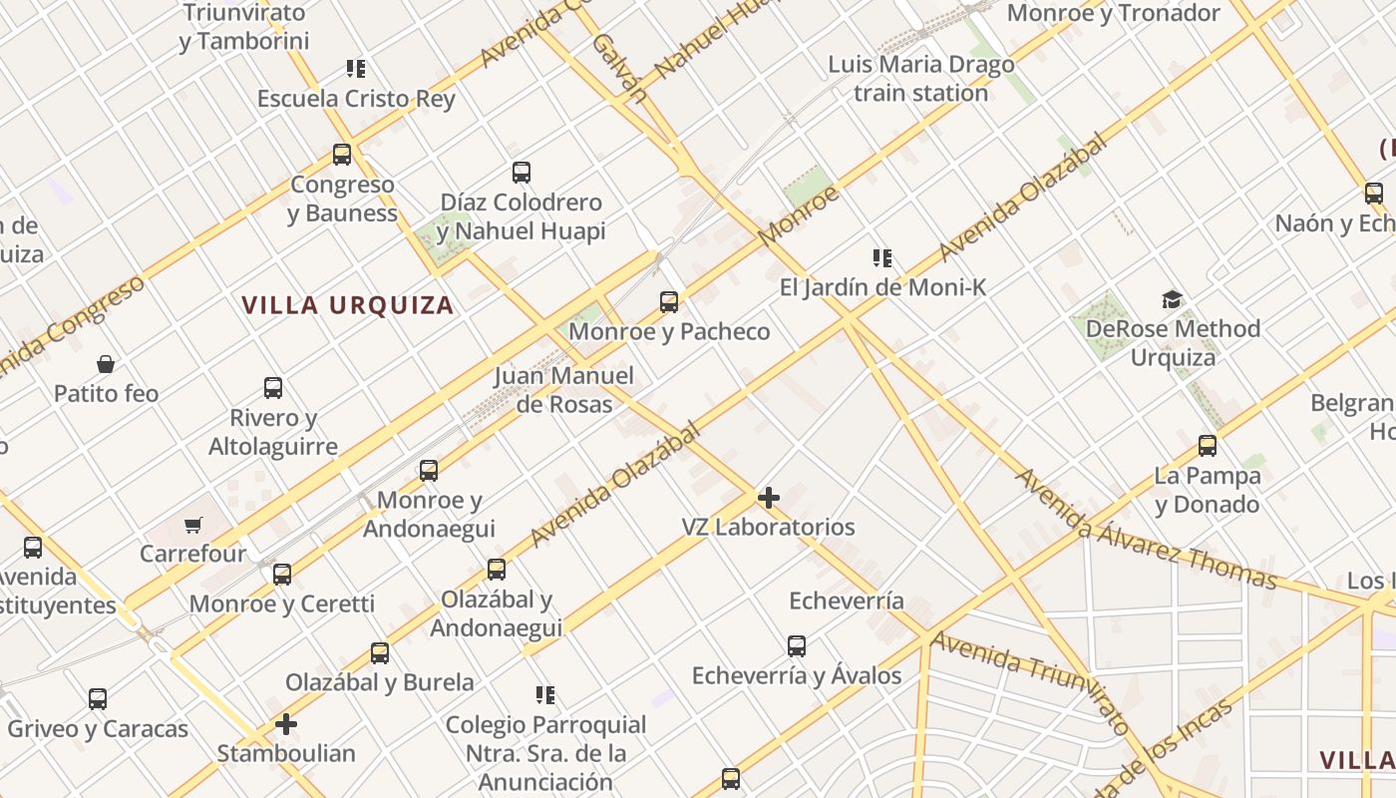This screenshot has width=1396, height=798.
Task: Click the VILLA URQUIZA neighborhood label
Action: point(348,305)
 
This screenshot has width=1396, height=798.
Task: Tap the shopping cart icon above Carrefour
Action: point(193,525)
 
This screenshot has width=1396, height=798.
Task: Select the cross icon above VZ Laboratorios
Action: point(769,497)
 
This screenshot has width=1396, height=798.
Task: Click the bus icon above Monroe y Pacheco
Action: point(669,301)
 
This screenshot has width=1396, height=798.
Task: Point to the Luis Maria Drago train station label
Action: point(921,79)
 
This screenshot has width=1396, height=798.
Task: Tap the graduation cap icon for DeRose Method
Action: point(1173,299)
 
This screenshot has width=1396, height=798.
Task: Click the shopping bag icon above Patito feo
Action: point(106,364)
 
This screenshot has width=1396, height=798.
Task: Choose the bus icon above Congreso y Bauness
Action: point(342,155)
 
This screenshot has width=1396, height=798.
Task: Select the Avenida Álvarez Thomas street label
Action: point(1146,529)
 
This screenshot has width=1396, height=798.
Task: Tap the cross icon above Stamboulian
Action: point(286,723)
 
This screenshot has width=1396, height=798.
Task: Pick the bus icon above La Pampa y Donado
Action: point(1208,445)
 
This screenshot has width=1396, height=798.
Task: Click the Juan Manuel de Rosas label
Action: point(564,390)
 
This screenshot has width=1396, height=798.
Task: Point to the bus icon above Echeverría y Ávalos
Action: point(797,646)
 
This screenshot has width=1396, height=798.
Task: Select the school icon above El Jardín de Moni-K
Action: point(882,259)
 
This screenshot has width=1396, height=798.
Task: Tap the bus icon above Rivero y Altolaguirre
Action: point(273,388)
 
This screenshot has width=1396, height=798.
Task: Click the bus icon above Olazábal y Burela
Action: point(380,653)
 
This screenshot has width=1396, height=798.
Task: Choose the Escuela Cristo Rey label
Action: point(356,99)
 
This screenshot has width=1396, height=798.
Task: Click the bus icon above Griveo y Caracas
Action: point(98,699)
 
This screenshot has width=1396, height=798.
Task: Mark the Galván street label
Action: point(619,67)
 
